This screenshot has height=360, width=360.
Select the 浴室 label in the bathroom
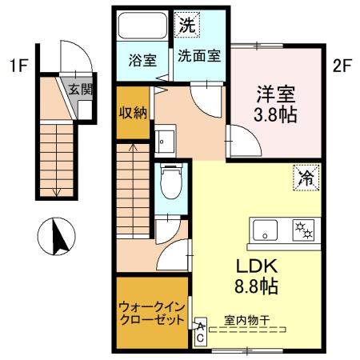(141, 58)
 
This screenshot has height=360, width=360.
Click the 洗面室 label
(199, 58)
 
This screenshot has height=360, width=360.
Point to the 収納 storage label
(132, 113)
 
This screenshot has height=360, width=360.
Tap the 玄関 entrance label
(78, 89)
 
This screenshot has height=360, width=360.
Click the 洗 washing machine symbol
(186, 25)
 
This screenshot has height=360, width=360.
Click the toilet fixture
(169, 182)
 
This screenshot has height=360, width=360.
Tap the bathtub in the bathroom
(141, 28)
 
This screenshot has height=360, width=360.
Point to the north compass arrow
(56, 238)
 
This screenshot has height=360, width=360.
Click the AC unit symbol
(200, 332)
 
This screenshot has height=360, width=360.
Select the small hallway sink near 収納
(166, 142)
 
